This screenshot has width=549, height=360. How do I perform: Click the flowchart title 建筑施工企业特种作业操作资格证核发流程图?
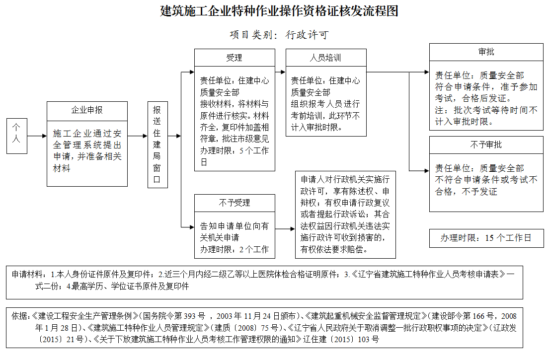[x=279, y=11]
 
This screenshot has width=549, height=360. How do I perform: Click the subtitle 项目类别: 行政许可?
[x=279, y=35]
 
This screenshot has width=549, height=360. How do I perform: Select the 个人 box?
[x=17, y=136]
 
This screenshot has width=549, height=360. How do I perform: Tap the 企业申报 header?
[x=87, y=110]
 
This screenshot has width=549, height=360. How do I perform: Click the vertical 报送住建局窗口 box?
[x=157, y=145]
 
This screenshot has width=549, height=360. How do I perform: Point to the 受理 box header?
[x=234, y=58]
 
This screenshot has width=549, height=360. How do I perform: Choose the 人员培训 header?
[x=325, y=58]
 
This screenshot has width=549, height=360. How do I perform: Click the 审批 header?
[x=486, y=52]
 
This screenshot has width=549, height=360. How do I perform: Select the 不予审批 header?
[x=486, y=144]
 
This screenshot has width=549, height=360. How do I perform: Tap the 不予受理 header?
[x=234, y=203]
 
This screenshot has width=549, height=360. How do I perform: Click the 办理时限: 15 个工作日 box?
[x=486, y=238]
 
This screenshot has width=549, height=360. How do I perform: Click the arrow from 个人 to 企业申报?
[x=37, y=136]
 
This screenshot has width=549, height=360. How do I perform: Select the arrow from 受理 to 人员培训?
[x=280, y=72]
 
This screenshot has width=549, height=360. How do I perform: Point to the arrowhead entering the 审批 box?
[x=426, y=72]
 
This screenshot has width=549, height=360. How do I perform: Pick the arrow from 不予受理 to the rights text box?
[x=285, y=229]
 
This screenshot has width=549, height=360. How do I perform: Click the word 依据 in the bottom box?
[x=18, y=315]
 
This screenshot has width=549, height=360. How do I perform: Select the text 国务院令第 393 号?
[x=173, y=315]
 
